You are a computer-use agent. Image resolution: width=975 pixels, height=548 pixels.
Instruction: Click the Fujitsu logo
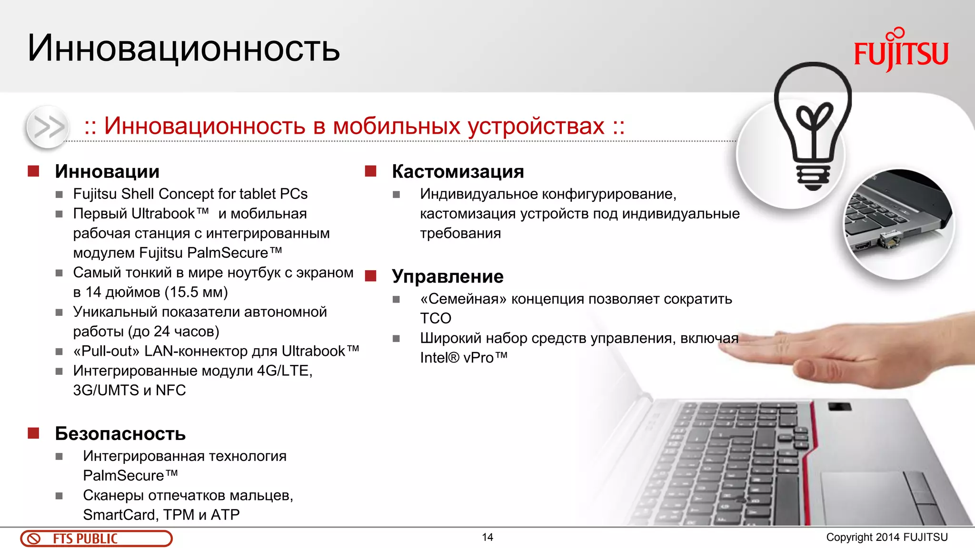pos(901,50)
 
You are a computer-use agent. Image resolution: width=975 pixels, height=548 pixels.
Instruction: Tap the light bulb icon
pos(813,126)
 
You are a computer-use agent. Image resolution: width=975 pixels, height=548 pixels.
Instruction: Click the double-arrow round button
pos(48,127)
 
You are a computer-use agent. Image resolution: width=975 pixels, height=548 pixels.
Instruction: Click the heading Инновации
pos(107,172)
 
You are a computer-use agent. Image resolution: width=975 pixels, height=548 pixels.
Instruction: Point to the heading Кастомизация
pos(458,172)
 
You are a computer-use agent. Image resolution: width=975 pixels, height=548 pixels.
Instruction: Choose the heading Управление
pos(448,276)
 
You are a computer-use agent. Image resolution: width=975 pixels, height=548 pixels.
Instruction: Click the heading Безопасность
pos(120,434)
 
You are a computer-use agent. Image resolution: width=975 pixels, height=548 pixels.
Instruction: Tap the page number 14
pos(487,537)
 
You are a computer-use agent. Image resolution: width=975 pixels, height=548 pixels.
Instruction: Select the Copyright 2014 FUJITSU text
pos(886,537)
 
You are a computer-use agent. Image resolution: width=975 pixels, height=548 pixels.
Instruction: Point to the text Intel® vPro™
pos(463,358)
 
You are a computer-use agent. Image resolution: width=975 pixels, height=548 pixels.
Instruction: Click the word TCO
pos(435,318)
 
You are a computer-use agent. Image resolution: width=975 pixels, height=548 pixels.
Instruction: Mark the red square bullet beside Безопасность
pos(33,433)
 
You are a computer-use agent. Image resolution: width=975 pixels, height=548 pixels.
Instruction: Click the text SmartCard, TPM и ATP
pos(161,515)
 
